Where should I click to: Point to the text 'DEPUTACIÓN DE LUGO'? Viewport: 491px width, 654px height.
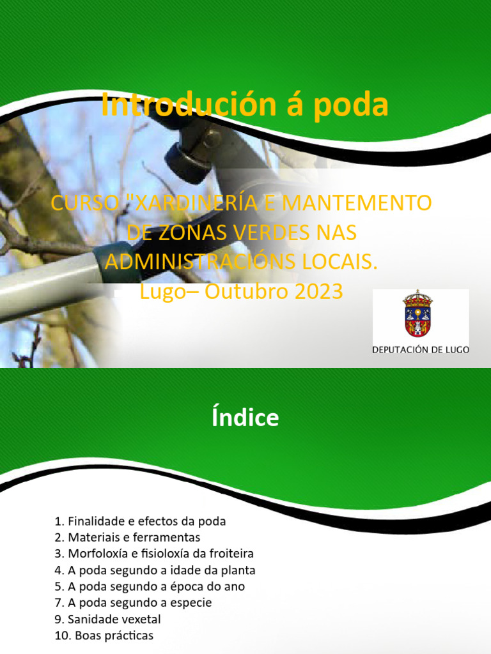(x=421, y=350)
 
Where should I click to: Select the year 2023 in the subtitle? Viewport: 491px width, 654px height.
(x=318, y=291)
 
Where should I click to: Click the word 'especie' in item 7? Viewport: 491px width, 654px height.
(x=191, y=602)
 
